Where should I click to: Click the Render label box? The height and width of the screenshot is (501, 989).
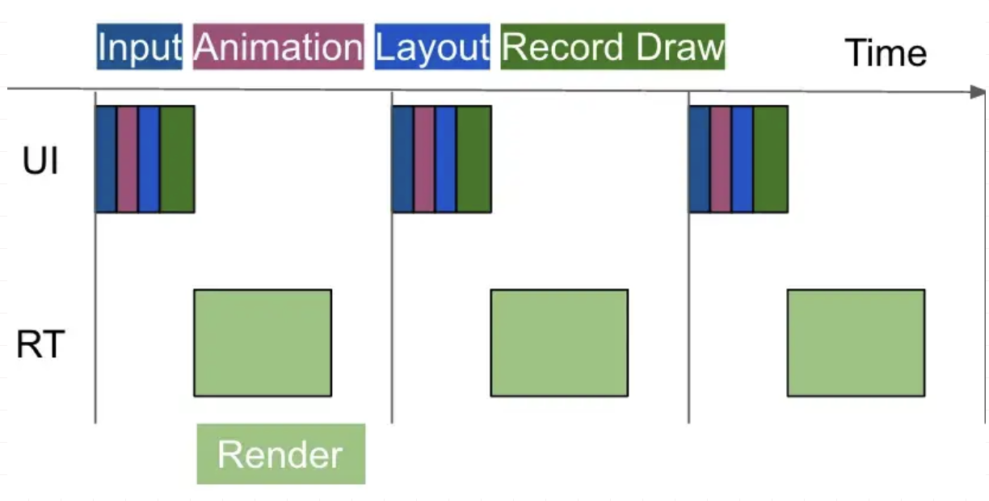[280, 454]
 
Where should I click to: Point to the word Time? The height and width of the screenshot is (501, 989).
[886, 53]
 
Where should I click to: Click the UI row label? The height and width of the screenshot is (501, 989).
[40, 162]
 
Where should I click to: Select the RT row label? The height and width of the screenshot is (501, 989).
[40, 345]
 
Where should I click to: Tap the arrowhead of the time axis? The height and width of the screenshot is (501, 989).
[978, 91]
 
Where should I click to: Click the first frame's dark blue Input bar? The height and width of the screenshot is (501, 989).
[106, 159]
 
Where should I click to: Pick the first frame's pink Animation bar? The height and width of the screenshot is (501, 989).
[127, 159]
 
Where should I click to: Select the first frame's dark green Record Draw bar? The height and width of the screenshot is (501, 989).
[177, 159]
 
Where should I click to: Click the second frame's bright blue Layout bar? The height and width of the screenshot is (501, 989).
[445, 159]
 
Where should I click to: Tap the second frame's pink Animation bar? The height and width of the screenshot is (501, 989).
[424, 159]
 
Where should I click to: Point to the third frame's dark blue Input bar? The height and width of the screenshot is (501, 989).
[699, 159]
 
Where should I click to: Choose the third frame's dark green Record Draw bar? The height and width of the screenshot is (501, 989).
[770, 159]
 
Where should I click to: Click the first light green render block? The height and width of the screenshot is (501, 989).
[263, 343]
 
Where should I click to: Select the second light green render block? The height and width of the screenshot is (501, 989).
[559, 343]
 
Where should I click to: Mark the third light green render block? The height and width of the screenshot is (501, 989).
[856, 343]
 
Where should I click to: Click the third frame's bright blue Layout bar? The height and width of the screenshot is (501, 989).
[743, 159]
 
